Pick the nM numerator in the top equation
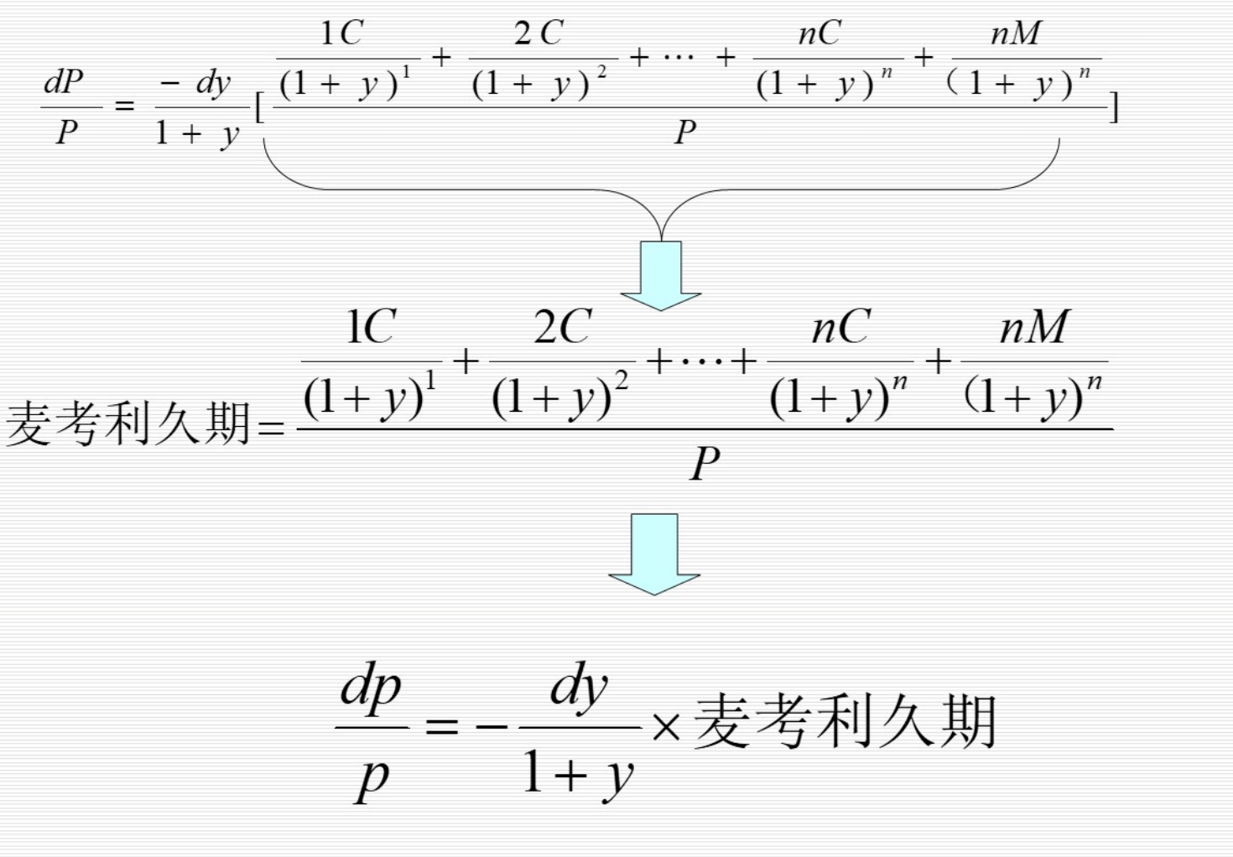tap(1016, 34)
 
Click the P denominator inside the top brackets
tap(685, 132)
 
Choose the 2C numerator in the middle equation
tap(563, 327)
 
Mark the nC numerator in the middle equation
tap(840, 327)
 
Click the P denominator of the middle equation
tap(705, 464)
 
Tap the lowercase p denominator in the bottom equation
tap(372, 778)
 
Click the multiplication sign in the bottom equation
tap(666, 727)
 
